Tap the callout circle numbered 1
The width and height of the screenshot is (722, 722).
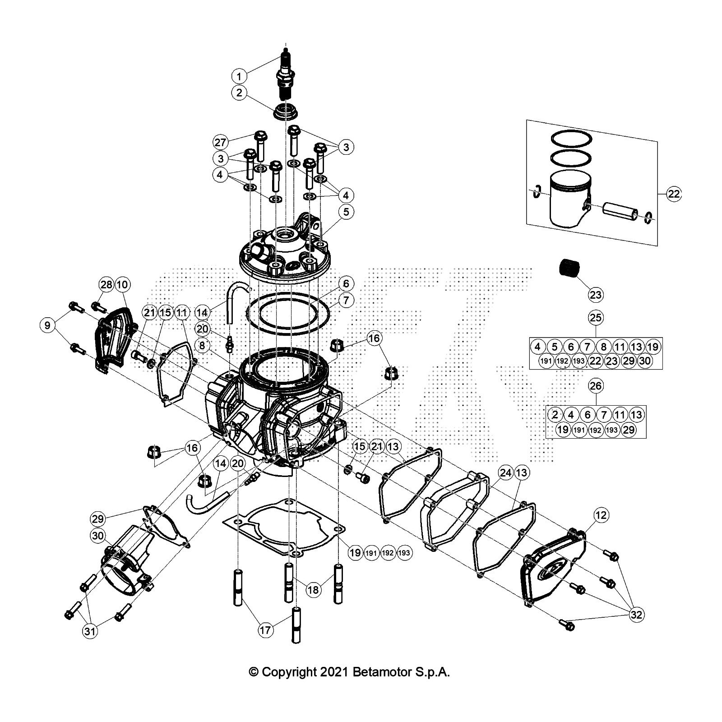[x=239, y=75]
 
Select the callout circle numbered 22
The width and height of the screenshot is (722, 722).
[x=673, y=194]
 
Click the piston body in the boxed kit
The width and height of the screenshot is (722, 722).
[x=568, y=199]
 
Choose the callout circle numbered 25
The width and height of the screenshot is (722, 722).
[x=596, y=317]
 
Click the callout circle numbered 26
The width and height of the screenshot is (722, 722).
[x=596, y=386]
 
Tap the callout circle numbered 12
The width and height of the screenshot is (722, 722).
[x=602, y=515]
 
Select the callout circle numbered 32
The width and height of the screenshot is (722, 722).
[x=637, y=615]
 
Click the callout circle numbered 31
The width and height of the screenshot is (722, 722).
[x=90, y=631]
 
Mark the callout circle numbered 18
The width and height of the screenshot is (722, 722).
[x=313, y=589]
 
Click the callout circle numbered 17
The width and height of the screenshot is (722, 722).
[x=266, y=630]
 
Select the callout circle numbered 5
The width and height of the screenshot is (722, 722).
[x=346, y=212]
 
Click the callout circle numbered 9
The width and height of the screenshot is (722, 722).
[x=47, y=325]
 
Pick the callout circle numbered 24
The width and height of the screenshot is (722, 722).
[x=505, y=473]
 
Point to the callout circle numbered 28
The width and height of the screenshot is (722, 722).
[x=106, y=285]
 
